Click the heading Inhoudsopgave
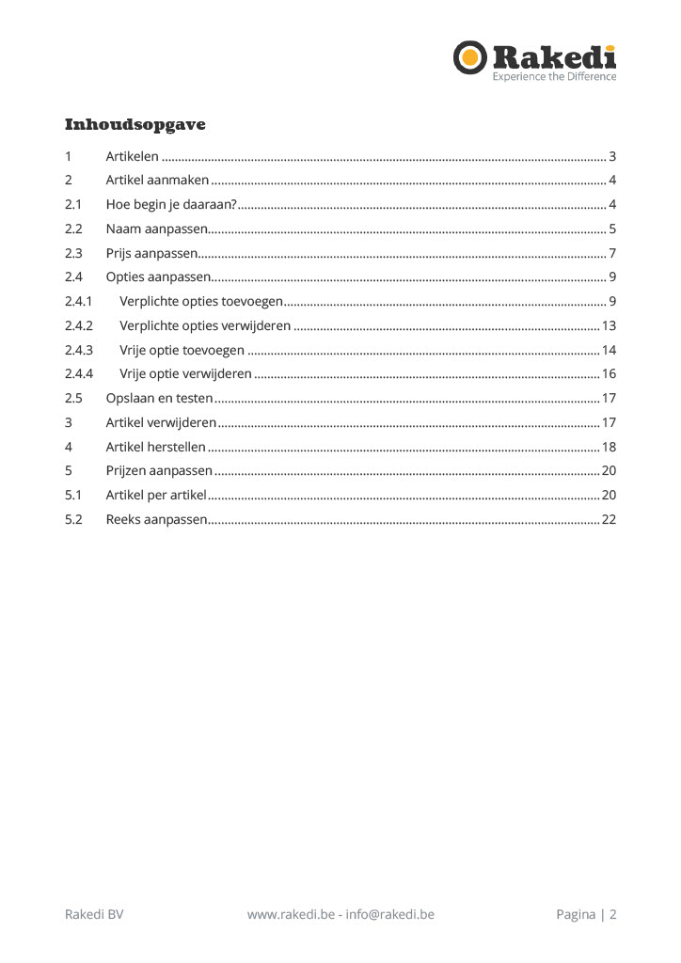pos(135,124)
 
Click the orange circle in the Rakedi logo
pos(469,57)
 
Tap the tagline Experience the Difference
pos(554,76)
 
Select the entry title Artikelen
pos(132,157)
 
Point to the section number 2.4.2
pos(79,326)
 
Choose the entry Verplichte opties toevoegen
pos(201,302)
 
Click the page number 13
pos(609,326)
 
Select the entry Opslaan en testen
pos(159,399)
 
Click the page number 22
pos(609,519)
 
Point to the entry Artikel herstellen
pos(155,448)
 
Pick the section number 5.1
pos(73,495)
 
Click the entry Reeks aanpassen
pos(156,519)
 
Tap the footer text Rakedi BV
pos(94,914)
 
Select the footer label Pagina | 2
pos(586,914)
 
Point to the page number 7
pos(611,254)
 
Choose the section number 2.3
pos(73,254)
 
